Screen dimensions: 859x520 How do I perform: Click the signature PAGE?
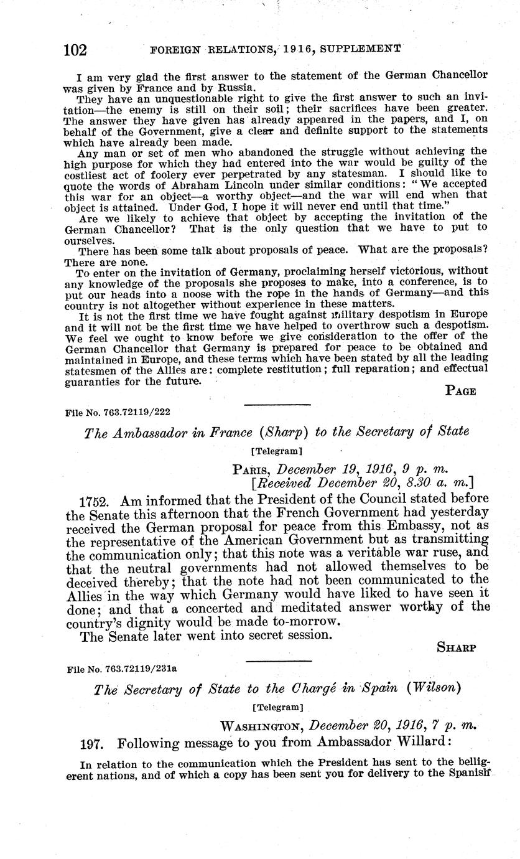(x=461, y=391)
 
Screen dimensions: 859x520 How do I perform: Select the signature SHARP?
(x=457, y=647)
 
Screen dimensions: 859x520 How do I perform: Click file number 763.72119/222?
(x=118, y=411)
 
